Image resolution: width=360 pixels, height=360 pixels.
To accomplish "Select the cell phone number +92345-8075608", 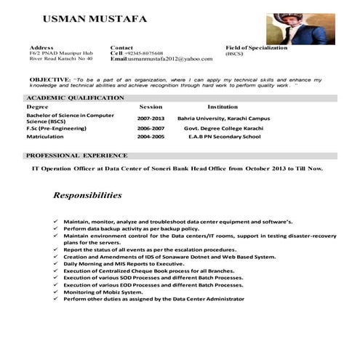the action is click(144, 53).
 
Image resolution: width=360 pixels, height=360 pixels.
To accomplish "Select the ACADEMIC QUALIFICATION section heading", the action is click(75, 97).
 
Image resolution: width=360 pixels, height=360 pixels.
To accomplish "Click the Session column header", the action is click(151, 107).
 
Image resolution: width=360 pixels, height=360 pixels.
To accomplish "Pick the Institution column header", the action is click(223, 107).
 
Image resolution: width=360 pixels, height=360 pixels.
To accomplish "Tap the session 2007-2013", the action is click(151, 118).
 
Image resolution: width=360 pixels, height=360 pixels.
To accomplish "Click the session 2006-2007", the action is click(151, 127).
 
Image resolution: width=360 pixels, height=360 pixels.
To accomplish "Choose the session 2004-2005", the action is click(151, 136).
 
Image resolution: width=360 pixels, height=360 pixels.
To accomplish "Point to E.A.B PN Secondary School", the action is click(224, 136).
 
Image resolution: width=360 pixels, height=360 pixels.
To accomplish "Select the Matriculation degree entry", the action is click(46, 136).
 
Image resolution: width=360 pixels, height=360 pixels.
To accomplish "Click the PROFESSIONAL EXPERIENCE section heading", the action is click(76, 156).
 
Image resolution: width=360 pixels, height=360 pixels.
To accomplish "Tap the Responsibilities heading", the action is click(87, 196).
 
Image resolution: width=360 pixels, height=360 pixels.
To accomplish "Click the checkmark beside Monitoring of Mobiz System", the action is click(57, 292).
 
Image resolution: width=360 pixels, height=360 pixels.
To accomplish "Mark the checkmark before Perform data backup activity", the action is click(57, 228).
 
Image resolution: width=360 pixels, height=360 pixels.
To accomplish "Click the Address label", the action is click(42, 47).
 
